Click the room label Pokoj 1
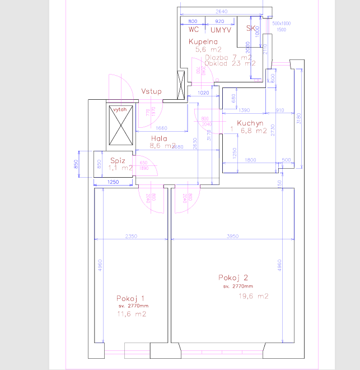131,298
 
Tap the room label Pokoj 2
233,277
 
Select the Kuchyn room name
250,123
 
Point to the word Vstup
151,91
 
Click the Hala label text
160,138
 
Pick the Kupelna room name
203,42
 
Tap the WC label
194,29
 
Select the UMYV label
221,30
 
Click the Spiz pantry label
117,160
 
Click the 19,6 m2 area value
254,296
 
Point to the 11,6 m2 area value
132,314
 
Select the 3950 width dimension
232,236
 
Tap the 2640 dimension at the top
221,11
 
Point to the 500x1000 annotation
282,23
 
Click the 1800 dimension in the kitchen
250,160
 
